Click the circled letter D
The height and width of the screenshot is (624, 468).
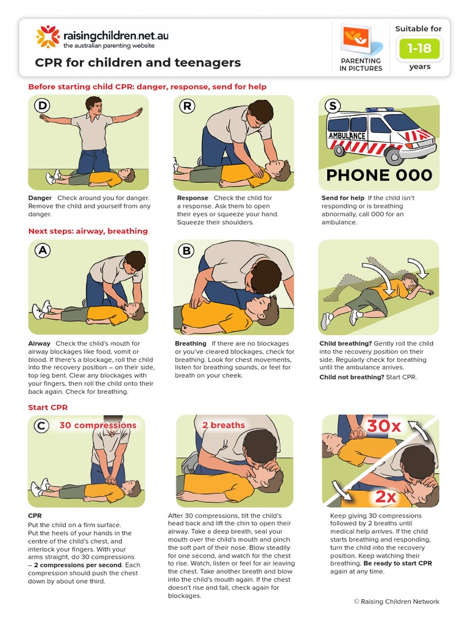(x=42, y=106)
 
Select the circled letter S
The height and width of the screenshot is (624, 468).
(x=332, y=106)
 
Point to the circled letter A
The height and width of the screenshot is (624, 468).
(x=42, y=250)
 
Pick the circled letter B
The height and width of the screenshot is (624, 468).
(x=187, y=250)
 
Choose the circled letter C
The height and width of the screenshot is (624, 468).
(x=41, y=426)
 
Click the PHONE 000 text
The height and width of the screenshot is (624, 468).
(x=378, y=175)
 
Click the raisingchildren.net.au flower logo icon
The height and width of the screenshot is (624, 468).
(x=48, y=37)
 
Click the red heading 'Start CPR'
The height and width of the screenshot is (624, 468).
(x=48, y=407)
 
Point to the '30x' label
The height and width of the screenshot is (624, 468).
(x=384, y=427)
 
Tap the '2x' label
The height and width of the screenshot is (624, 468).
(x=385, y=497)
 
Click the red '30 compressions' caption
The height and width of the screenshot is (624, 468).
(x=97, y=425)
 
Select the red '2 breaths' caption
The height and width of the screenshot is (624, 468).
(x=224, y=425)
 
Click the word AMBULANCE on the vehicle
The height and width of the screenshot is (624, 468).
(x=347, y=136)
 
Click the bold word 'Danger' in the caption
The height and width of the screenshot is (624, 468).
(x=40, y=198)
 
